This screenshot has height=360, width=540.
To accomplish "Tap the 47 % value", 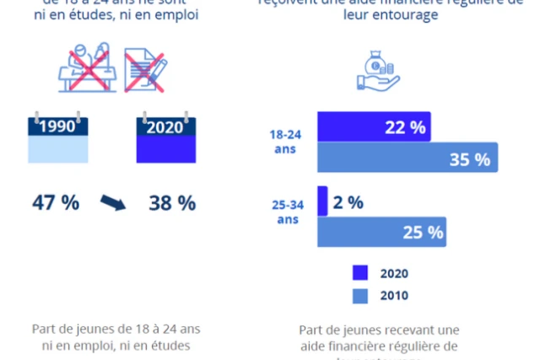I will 56,202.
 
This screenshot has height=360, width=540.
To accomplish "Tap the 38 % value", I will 172,202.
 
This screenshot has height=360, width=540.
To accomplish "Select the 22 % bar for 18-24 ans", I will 374,127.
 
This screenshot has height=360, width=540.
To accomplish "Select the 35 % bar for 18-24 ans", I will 407,158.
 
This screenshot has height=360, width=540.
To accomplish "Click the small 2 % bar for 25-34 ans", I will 322,201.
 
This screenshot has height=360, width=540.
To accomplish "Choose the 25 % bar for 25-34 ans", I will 381,232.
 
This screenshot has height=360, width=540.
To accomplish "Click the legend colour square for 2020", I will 360,272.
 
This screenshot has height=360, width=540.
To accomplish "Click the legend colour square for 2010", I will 360,295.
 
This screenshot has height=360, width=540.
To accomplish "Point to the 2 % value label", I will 348,202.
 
